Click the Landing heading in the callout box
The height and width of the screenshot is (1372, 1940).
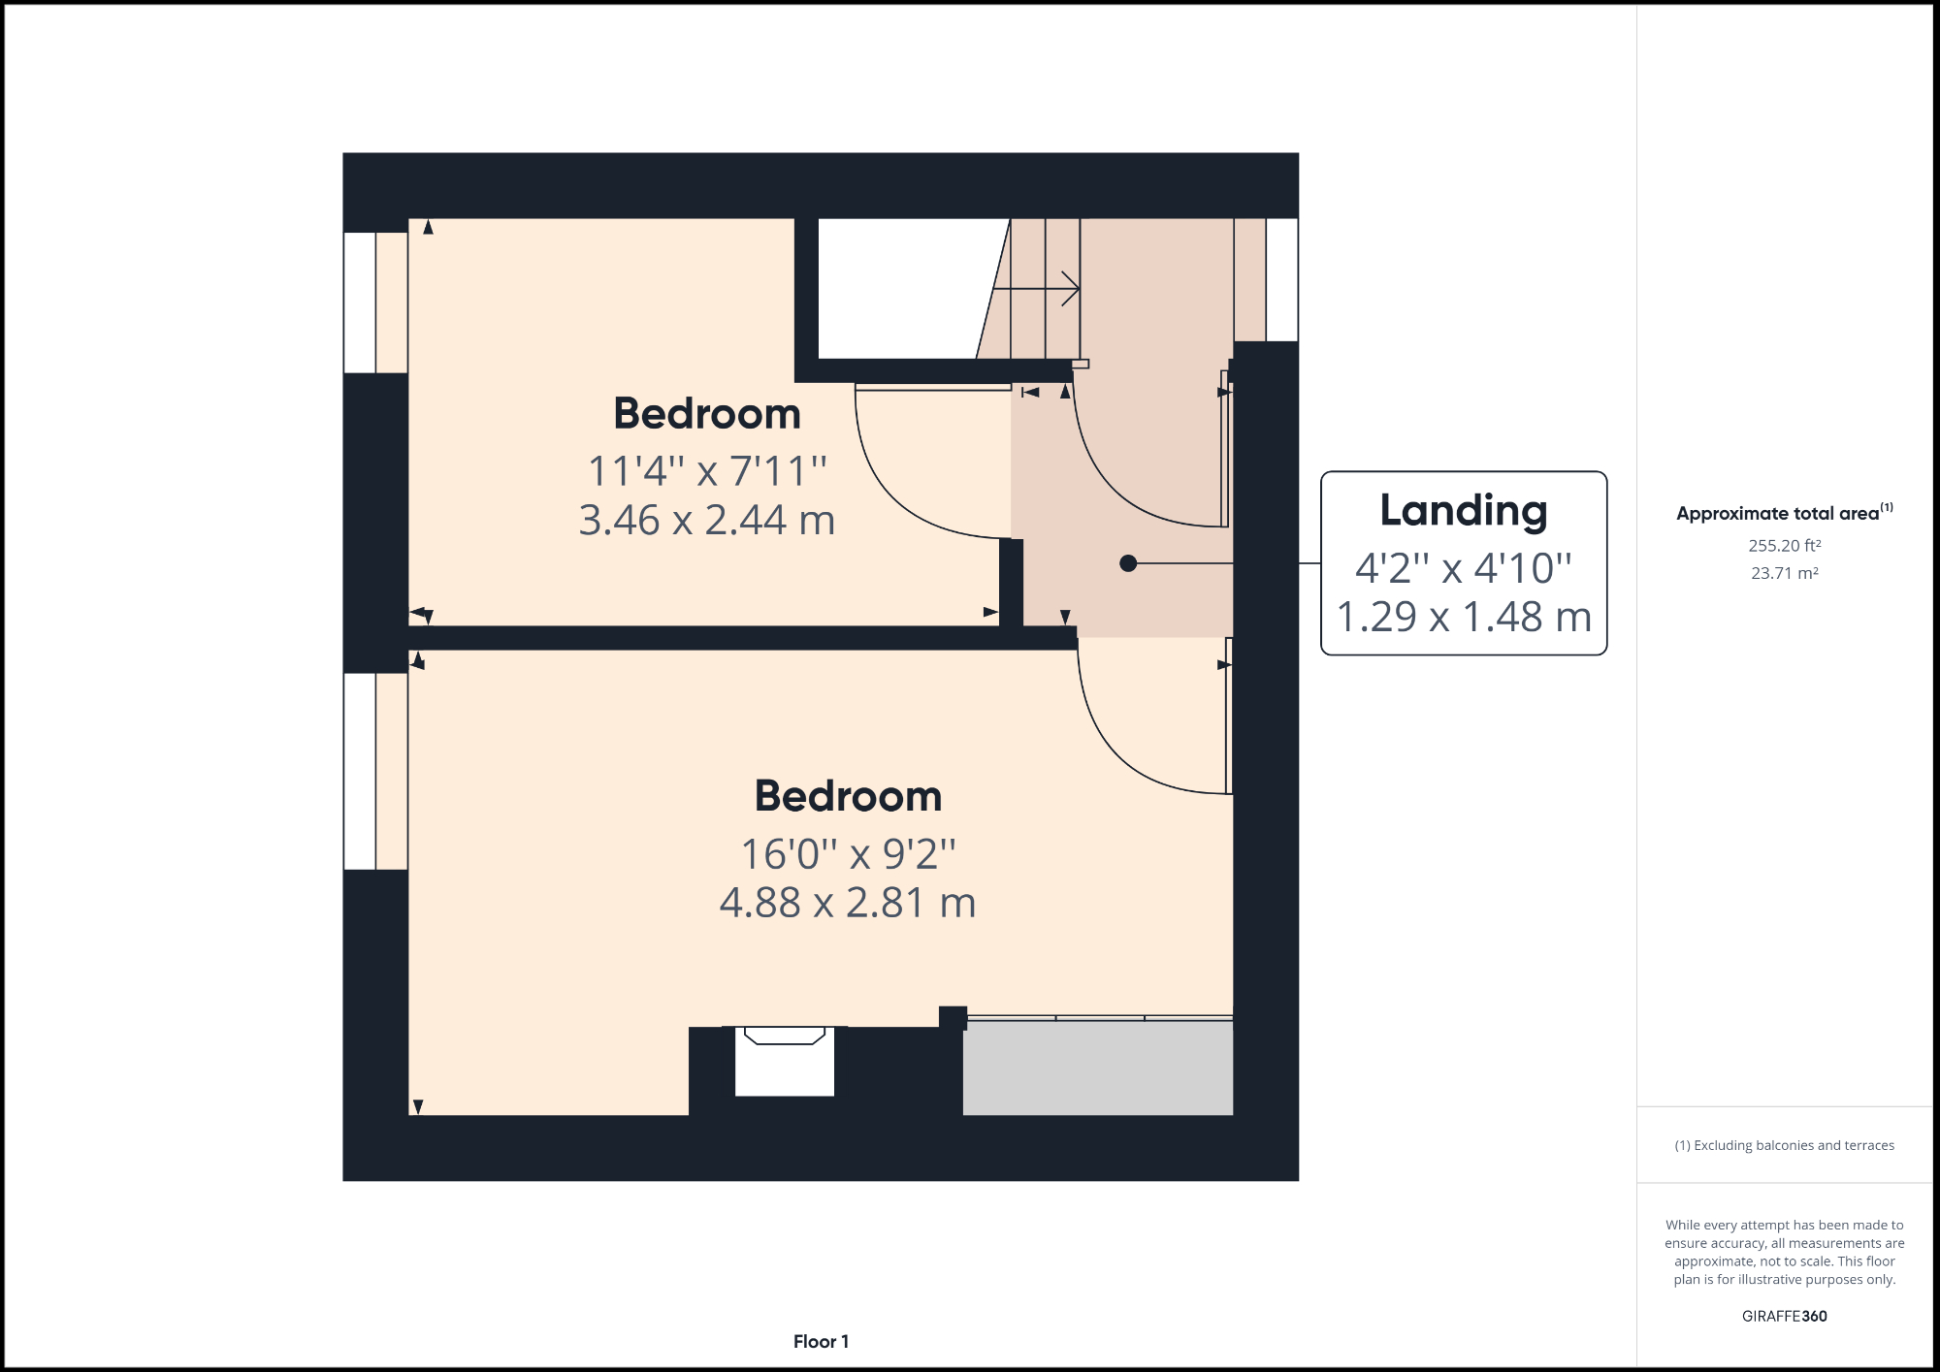tap(1463, 511)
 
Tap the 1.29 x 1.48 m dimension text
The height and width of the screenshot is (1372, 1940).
tap(1464, 617)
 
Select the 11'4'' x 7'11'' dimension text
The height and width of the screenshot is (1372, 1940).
tap(707, 471)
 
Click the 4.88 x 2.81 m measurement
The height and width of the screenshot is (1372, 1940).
tap(847, 903)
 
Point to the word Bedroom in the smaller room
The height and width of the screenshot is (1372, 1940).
tap(707, 414)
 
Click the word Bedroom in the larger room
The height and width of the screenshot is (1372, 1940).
tap(848, 796)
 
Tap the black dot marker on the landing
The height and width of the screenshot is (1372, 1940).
tap(1127, 563)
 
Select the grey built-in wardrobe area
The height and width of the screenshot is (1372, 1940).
tap(1097, 1068)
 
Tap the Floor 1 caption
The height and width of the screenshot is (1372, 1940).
tap(821, 1341)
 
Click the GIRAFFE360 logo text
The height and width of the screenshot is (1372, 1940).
tap(1784, 1316)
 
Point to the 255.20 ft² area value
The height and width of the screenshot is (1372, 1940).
tap(1784, 546)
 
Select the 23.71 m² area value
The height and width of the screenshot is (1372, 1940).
tap(1784, 573)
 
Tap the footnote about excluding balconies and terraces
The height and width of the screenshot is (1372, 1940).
tap(1784, 1145)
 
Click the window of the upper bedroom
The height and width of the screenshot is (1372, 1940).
tap(361, 303)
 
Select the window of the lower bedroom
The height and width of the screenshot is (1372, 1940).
tap(361, 771)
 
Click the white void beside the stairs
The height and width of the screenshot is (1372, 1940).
tap(897, 288)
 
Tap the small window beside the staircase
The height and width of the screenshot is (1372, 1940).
tap(1281, 279)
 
